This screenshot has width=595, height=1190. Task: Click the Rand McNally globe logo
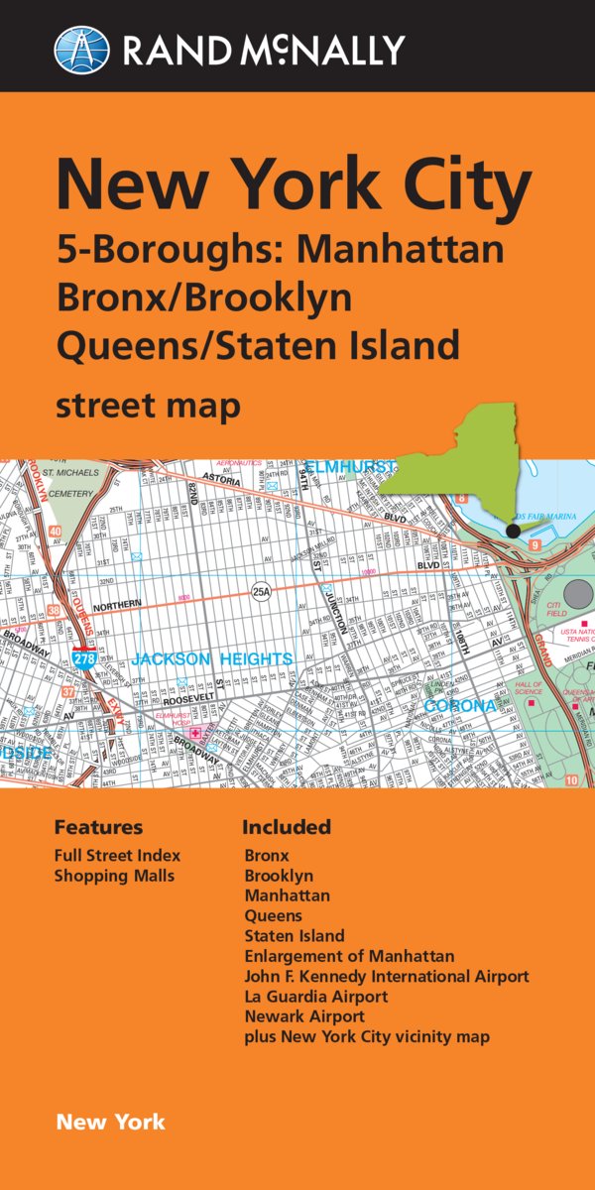[x=81, y=50]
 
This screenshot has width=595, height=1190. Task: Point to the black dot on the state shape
[x=513, y=532]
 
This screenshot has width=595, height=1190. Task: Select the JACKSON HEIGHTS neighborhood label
[x=212, y=659]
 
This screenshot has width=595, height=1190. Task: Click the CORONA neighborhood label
[x=460, y=706]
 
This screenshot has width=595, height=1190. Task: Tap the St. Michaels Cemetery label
[x=69, y=487]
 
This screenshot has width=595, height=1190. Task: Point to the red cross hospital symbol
[x=194, y=734]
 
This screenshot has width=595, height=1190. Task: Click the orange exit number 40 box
[x=56, y=533]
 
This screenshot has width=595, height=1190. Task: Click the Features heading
[x=98, y=827]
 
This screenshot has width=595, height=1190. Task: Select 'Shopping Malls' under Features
[x=114, y=876]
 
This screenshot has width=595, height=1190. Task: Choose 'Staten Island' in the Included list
[x=295, y=935]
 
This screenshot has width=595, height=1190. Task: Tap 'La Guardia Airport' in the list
[x=316, y=996]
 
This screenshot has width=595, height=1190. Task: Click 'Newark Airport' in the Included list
[x=304, y=1016]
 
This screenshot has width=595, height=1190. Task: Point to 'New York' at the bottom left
[x=111, y=1123]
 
